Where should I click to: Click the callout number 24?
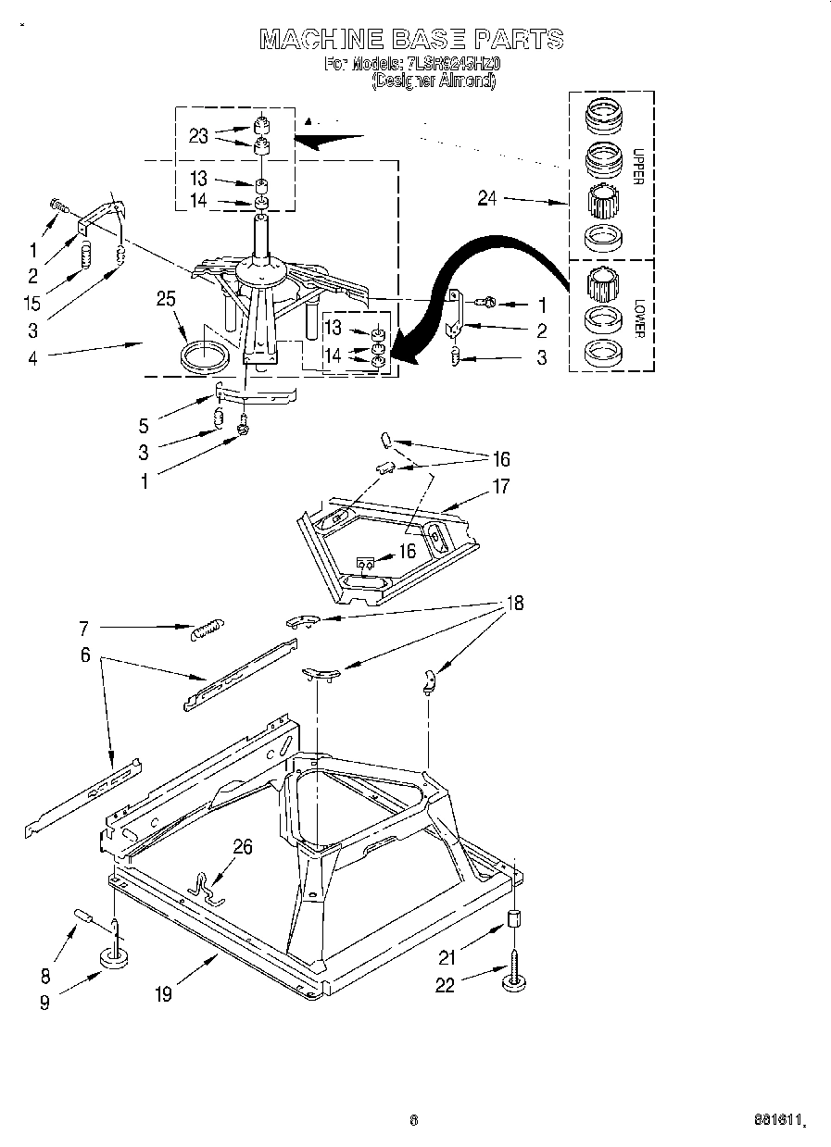pyautogui.click(x=487, y=196)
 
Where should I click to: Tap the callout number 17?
pyautogui.click(x=500, y=485)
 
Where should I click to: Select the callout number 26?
pyautogui.click(x=242, y=846)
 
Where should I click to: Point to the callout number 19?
pyautogui.click(x=164, y=994)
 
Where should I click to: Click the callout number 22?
pyautogui.click(x=446, y=985)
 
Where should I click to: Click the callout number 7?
pyautogui.click(x=83, y=629)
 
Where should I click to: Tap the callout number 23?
pyautogui.click(x=198, y=135)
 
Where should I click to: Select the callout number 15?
pyautogui.click(x=33, y=302)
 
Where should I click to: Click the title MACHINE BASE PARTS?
pyautogui.click(x=411, y=39)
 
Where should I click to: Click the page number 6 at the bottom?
pyautogui.click(x=414, y=1119)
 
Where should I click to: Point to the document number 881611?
pyautogui.click(x=777, y=1120)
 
